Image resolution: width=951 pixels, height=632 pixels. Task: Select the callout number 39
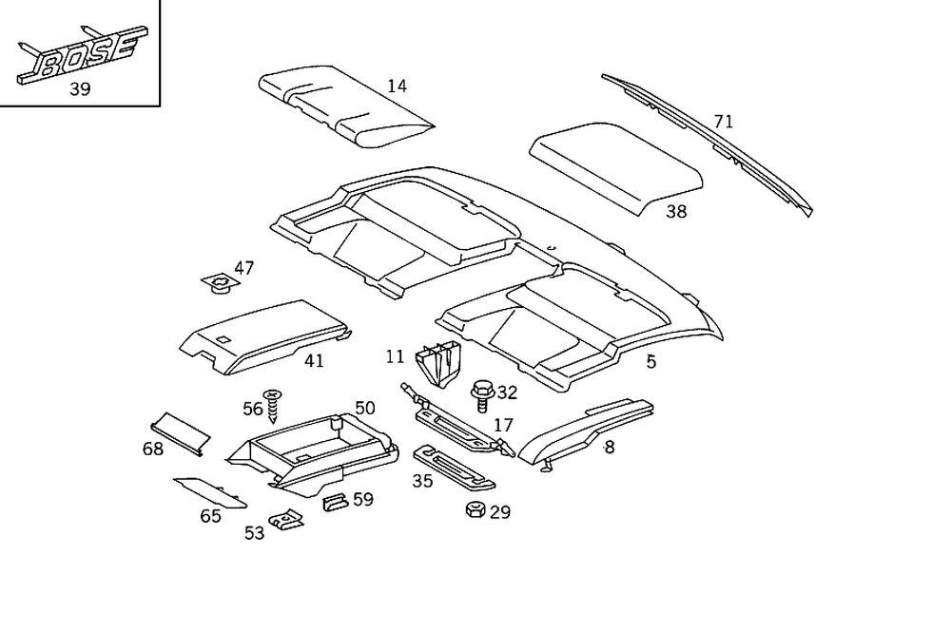coord(81,90)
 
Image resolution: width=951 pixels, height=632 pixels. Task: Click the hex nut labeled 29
coord(475,509)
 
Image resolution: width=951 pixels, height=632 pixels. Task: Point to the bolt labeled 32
coord(482,393)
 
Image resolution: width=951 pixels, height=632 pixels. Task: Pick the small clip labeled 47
coord(220,282)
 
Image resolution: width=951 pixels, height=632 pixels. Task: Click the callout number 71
coord(724,122)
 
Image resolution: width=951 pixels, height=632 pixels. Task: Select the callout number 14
coord(397,86)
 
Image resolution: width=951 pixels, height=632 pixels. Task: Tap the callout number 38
coord(675,212)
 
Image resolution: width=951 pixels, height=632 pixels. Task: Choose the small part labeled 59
coord(335,501)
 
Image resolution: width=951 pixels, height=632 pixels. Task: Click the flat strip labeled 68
coord(181,431)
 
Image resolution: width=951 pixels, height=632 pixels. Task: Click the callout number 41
coord(314,361)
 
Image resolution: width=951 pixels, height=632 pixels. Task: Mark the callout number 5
coord(650,361)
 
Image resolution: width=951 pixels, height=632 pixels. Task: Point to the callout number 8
coord(609,447)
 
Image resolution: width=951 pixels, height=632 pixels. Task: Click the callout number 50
coord(364,409)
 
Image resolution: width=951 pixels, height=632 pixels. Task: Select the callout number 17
coord(503,425)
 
